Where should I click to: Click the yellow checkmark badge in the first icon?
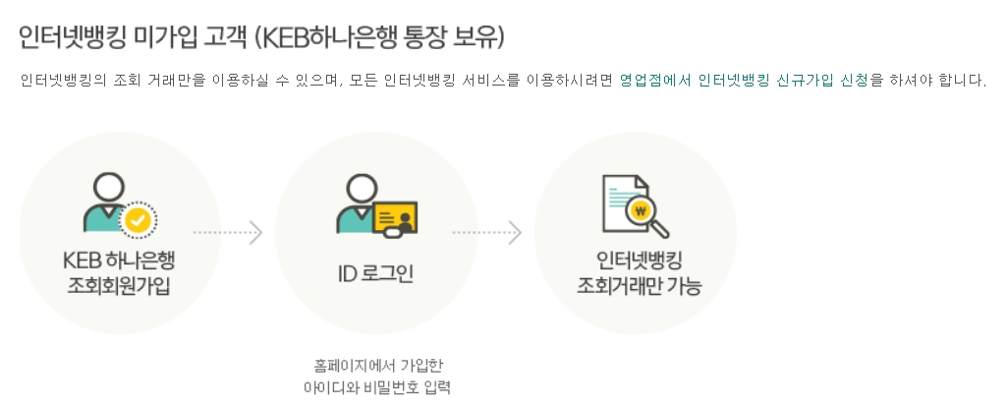tap(139, 219)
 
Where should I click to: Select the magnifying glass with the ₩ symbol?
tap(643, 212)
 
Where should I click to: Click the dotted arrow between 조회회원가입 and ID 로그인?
tap(228, 233)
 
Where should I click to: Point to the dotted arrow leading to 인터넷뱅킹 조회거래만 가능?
tap(486, 233)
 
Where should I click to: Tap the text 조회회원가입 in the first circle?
tap(119, 286)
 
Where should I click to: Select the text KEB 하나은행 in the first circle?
tap(119, 262)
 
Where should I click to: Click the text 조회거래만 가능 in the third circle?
tap(635, 286)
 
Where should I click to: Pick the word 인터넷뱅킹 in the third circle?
tap(635, 262)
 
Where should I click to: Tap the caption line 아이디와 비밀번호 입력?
tap(375, 385)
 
